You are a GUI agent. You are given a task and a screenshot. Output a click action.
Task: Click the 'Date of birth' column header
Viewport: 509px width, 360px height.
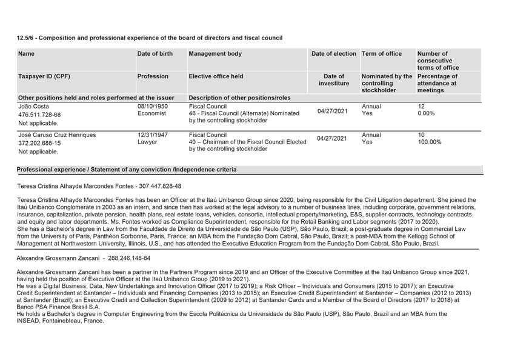pos(155,54)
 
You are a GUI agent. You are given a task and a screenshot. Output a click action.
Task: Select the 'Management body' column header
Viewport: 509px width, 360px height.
pos(215,54)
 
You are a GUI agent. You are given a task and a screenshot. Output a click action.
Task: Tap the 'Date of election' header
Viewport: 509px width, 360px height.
pos(334,54)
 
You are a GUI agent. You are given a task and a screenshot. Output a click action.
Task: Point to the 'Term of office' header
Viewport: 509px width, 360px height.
pos(382,54)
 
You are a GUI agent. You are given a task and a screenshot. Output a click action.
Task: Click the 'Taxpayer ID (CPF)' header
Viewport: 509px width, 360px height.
pos(44,77)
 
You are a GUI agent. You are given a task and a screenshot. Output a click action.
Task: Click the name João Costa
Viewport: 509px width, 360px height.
pos(34,106)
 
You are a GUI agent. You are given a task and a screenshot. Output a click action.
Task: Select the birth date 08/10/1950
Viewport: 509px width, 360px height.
pos(153,105)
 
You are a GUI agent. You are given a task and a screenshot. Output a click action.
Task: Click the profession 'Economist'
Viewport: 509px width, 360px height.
pos(153,113)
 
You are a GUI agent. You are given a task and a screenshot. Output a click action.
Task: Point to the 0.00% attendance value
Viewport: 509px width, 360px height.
pos(427,113)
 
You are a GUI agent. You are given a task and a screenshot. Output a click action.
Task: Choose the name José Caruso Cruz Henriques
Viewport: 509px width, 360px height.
pos(58,135)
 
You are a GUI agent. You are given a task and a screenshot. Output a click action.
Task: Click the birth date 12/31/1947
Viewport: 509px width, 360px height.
pos(153,135)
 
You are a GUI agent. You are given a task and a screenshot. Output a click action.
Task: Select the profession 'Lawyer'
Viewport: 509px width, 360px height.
pos(148,142)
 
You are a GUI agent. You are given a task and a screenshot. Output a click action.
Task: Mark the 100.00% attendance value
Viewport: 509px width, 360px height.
pos(430,142)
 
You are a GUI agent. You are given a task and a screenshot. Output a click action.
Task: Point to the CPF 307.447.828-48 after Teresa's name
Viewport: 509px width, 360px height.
pos(161,187)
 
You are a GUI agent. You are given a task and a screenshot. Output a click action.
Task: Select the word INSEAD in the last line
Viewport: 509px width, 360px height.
pos(30,321)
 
